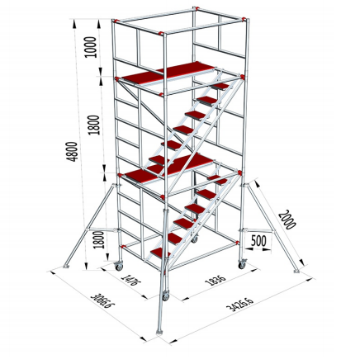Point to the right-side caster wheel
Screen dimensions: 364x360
pos(243,261)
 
